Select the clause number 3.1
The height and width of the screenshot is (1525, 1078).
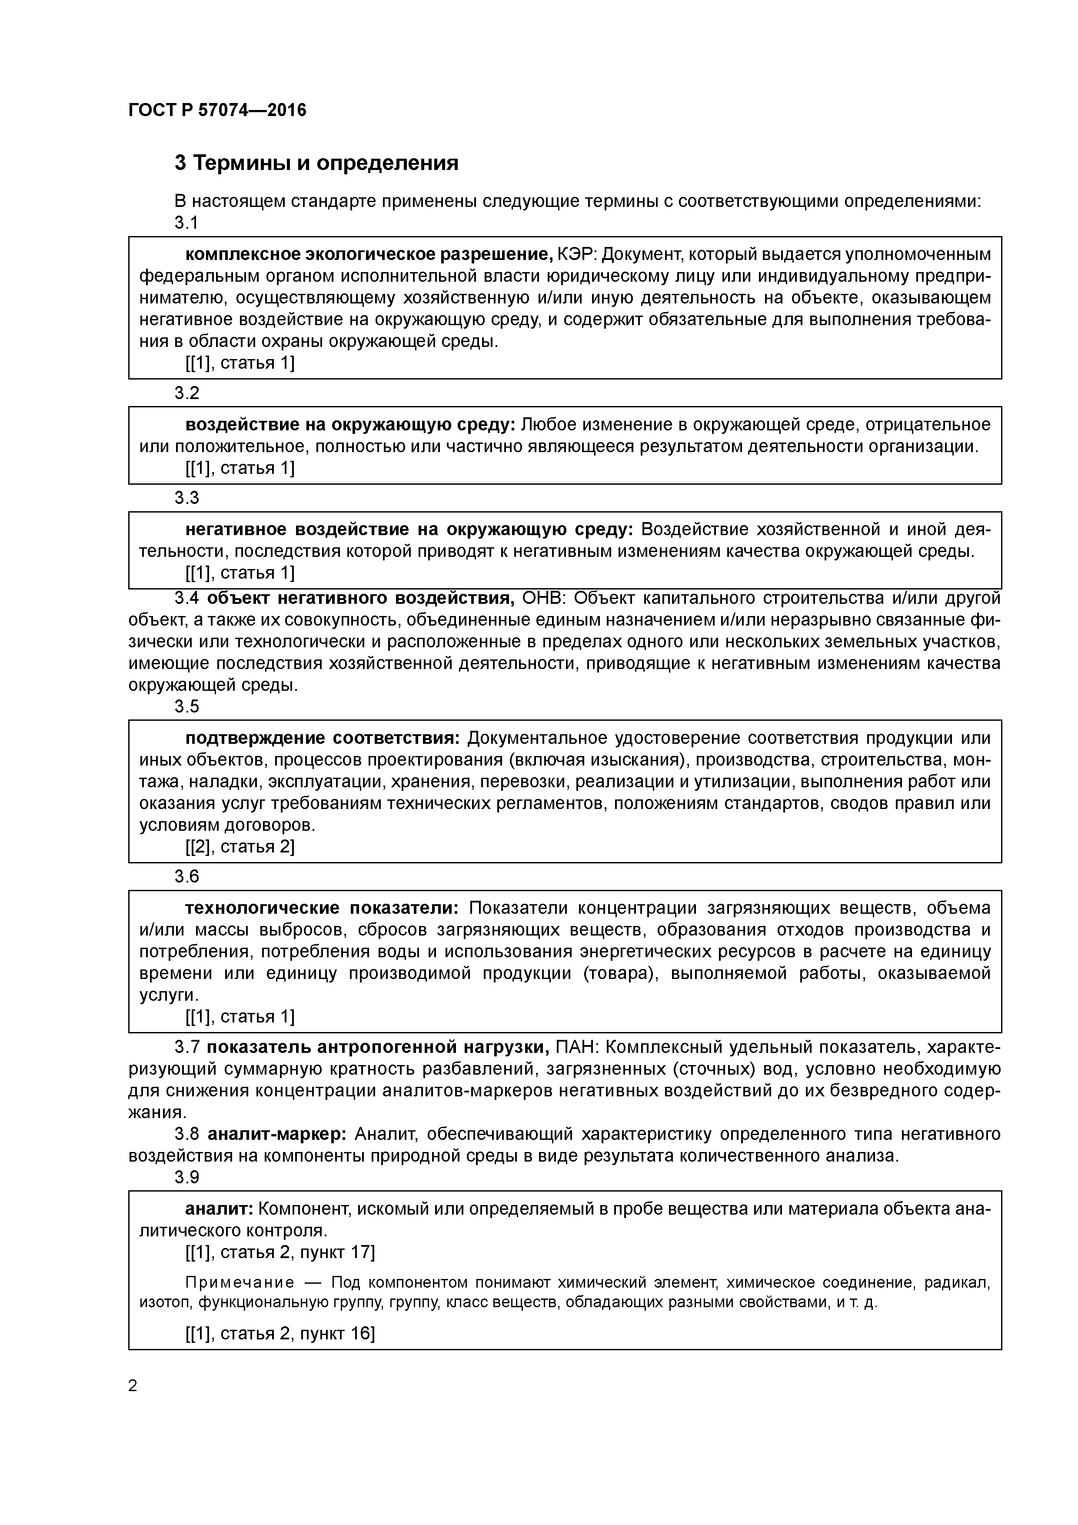point(186,223)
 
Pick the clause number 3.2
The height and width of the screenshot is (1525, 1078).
point(186,393)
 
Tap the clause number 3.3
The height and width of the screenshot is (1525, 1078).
point(186,498)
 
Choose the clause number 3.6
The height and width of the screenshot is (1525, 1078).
point(186,877)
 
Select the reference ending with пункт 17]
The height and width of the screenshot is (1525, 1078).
point(279,1253)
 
